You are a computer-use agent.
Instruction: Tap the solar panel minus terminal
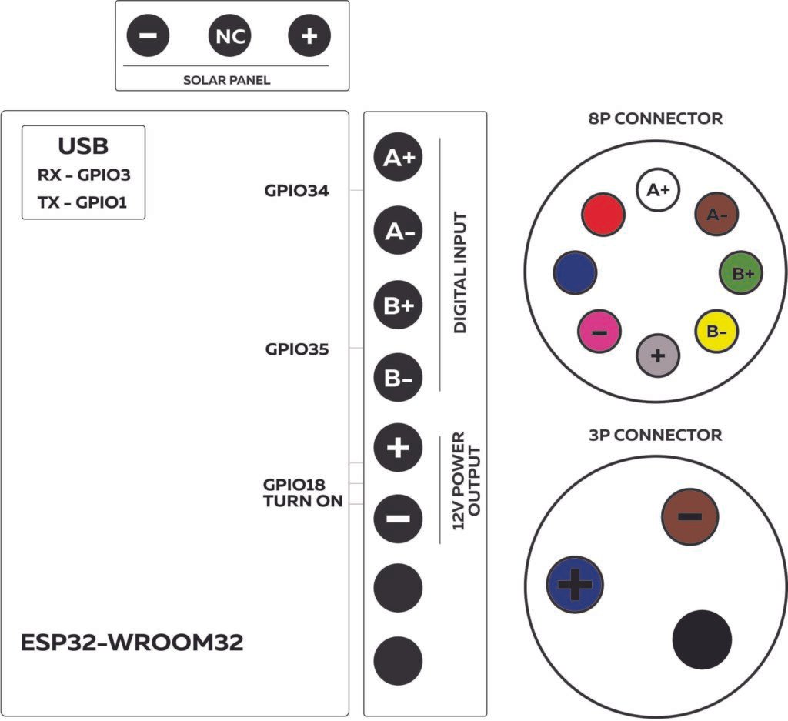pyautogui.click(x=149, y=35)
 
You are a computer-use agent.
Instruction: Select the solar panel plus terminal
pyautogui.click(x=309, y=35)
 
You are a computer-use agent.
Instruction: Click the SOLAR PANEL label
pyautogui.click(x=226, y=80)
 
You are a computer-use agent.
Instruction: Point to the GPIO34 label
pyautogui.click(x=296, y=191)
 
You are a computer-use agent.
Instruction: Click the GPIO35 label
pyautogui.click(x=296, y=349)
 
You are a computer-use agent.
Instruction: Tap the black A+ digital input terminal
pyautogui.click(x=398, y=158)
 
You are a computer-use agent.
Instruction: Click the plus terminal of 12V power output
pyautogui.click(x=398, y=447)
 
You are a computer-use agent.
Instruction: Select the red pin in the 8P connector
pyautogui.click(x=603, y=213)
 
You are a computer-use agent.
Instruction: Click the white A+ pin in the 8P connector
pyautogui.click(x=658, y=189)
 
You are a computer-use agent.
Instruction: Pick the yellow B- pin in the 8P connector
pyautogui.click(x=717, y=332)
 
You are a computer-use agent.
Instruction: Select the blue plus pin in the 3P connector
pyautogui.click(x=573, y=585)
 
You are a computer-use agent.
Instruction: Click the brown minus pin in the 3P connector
pyautogui.click(x=689, y=516)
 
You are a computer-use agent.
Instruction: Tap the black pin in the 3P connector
pyautogui.click(x=701, y=639)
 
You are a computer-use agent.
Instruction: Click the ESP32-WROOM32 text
pyautogui.click(x=132, y=643)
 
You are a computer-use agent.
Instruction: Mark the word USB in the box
pyautogui.click(x=83, y=146)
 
